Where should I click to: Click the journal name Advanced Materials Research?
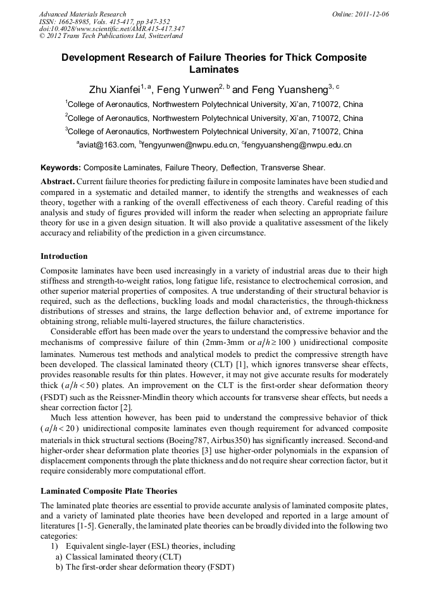click(x=82, y=14)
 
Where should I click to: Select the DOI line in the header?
click(x=111, y=28)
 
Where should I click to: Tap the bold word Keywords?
click(x=61, y=168)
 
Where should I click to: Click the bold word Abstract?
click(x=58, y=181)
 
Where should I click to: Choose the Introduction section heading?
click(x=64, y=256)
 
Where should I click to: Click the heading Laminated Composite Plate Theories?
click(x=109, y=491)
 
